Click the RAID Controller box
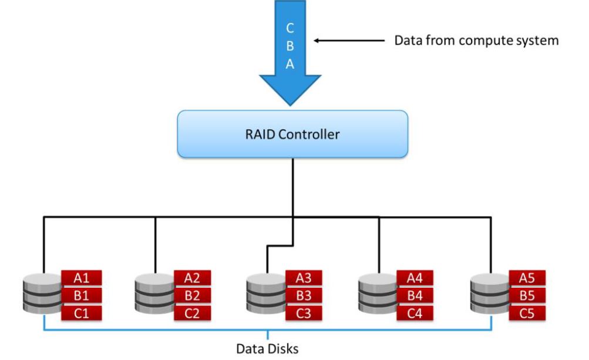click(292, 134)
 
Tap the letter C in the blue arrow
click(290, 28)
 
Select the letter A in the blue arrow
click(290, 64)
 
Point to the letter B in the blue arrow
click(290, 46)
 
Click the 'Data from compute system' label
click(476, 40)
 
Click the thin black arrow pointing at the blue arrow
click(349, 41)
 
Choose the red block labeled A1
click(81, 278)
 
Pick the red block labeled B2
click(193, 296)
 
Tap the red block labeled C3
click(304, 313)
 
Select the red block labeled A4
click(415, 278)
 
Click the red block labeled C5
click(527, 313)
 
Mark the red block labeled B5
click(527, 296)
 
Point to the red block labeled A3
click(304, 278)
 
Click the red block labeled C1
click(81, 313)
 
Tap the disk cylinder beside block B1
click(42, 294)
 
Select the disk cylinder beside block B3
click(267, 294)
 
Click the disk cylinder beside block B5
click(490, 294)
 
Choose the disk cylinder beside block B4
click(378, 294)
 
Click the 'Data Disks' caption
click(267, 349)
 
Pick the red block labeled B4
click(415, 296)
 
